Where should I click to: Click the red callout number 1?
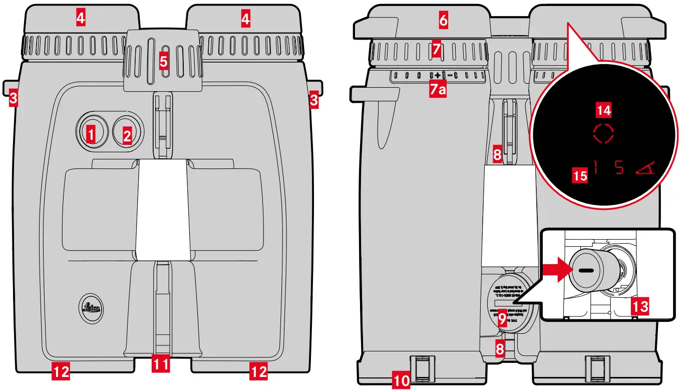[91, 133]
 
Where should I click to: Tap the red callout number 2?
[127, 134]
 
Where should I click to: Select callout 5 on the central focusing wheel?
[163, 62]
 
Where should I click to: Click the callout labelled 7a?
[438, 90]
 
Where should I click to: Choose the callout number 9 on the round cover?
[503, 319]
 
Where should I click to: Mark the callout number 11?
[160, 364]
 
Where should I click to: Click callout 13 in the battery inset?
[641, 305]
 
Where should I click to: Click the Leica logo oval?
[92, 307]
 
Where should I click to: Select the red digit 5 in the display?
[619, 168]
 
